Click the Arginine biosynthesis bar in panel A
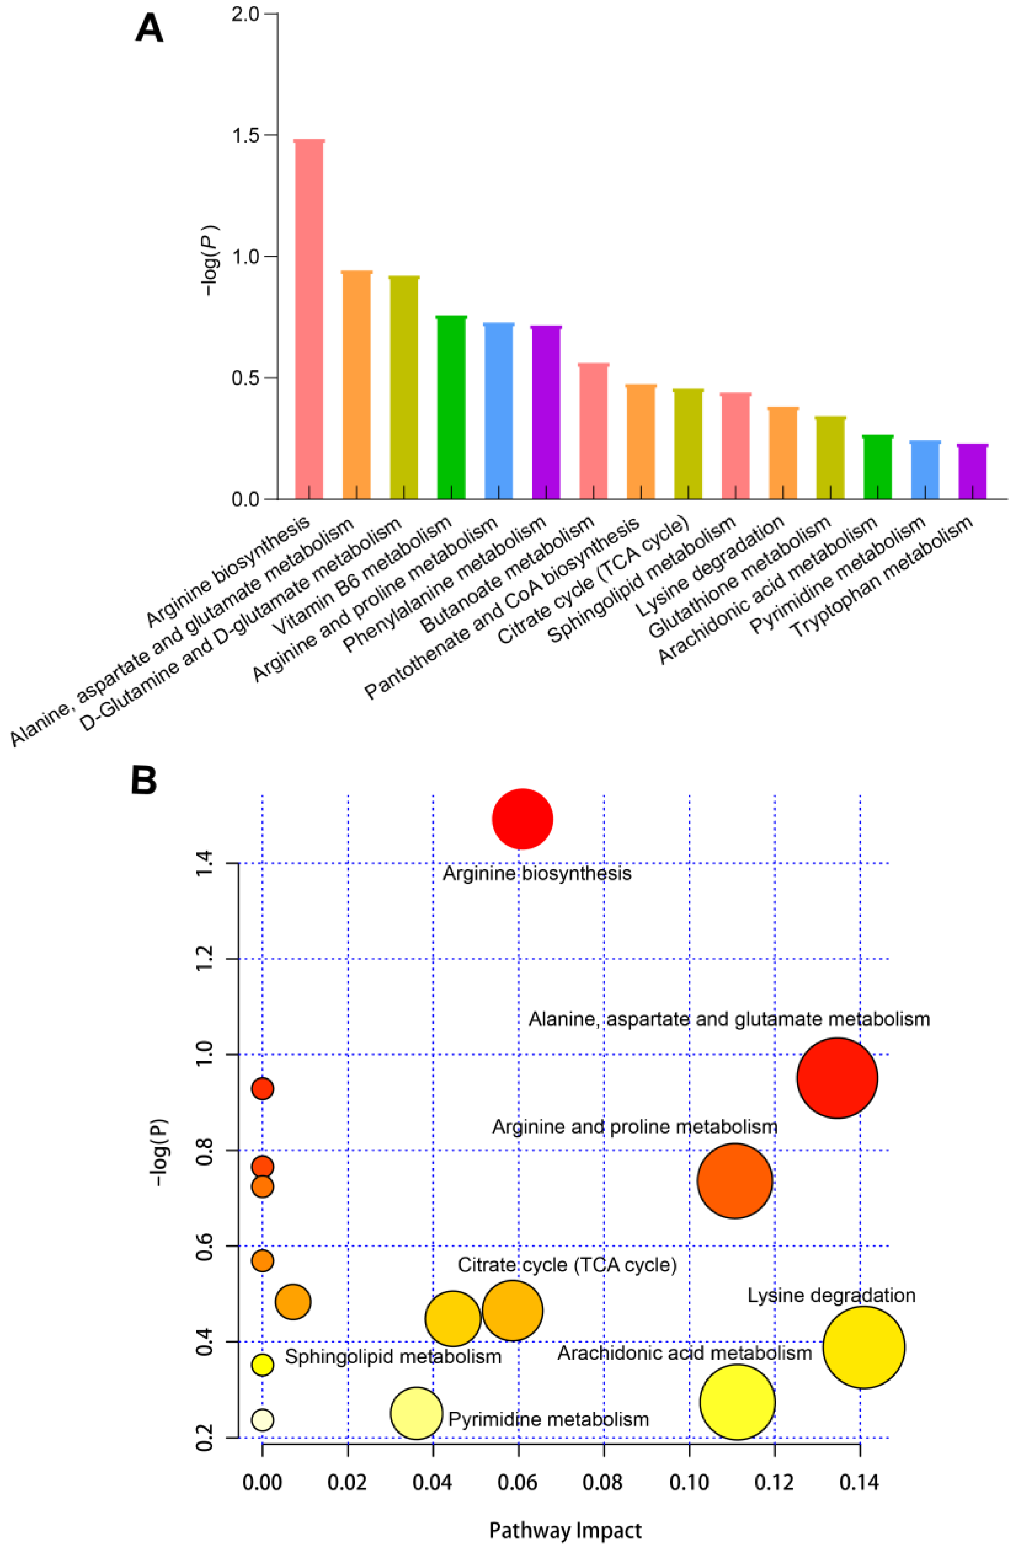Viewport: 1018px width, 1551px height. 309,319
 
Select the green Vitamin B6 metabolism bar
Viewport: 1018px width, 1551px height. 451,407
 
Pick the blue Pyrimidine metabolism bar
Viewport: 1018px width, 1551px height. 925,470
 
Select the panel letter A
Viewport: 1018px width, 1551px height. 149,29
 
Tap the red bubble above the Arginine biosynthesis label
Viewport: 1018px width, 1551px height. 523,819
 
